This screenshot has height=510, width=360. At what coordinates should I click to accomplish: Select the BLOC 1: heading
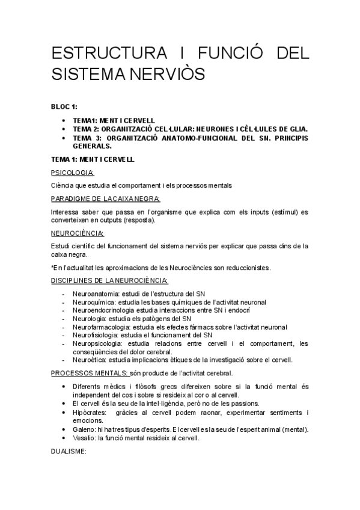pyautogui.click(x=64, y=107)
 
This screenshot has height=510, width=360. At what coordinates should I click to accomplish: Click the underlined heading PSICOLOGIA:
pyautogui.click(x=77, y=173)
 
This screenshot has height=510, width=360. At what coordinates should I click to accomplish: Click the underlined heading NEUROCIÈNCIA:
pyautogui.click(x=78, y=233)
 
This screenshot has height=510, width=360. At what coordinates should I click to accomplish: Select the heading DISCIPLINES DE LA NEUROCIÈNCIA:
pyautogui.click(x=109, y=280)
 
